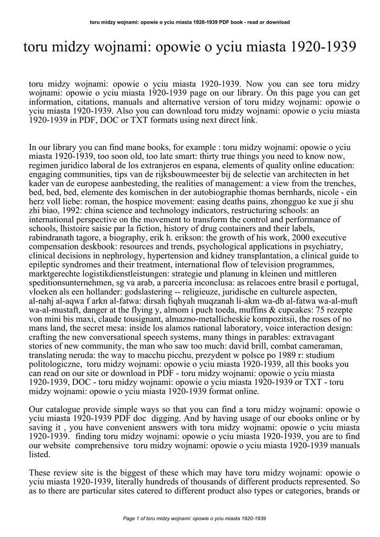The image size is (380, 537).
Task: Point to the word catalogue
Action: tap(66, 409)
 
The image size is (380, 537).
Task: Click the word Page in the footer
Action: tap(128, 519)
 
